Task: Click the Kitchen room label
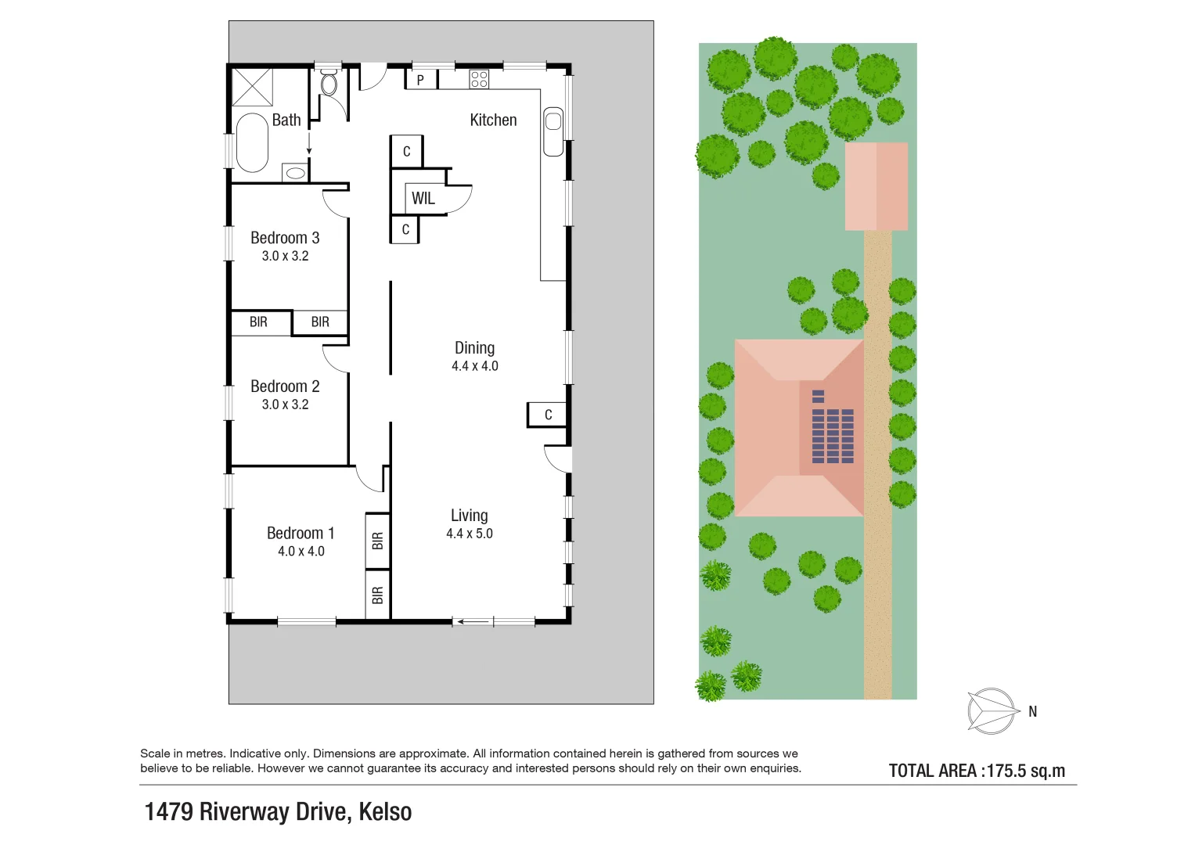pos(493,120)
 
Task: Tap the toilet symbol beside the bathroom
pos(329,82)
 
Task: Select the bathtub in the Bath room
pos(252,142)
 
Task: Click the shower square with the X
pos(252,87)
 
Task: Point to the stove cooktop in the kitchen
pos(479,79)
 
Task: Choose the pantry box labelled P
pos(420,80)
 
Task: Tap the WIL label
pos(423,199)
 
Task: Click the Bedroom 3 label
pos(285,238)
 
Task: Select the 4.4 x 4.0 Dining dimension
pos(474,366)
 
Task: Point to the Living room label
pos(469,516)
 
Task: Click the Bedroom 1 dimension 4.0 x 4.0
pos(301,552)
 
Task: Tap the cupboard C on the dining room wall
pos(548,415)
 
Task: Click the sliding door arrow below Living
pos(473,622)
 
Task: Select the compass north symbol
pos(992,710)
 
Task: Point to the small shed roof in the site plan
pos(876,186)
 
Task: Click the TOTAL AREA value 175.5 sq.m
pos(1025,771)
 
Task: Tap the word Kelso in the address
pos(385,812)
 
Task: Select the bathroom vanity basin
pos(295,173)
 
